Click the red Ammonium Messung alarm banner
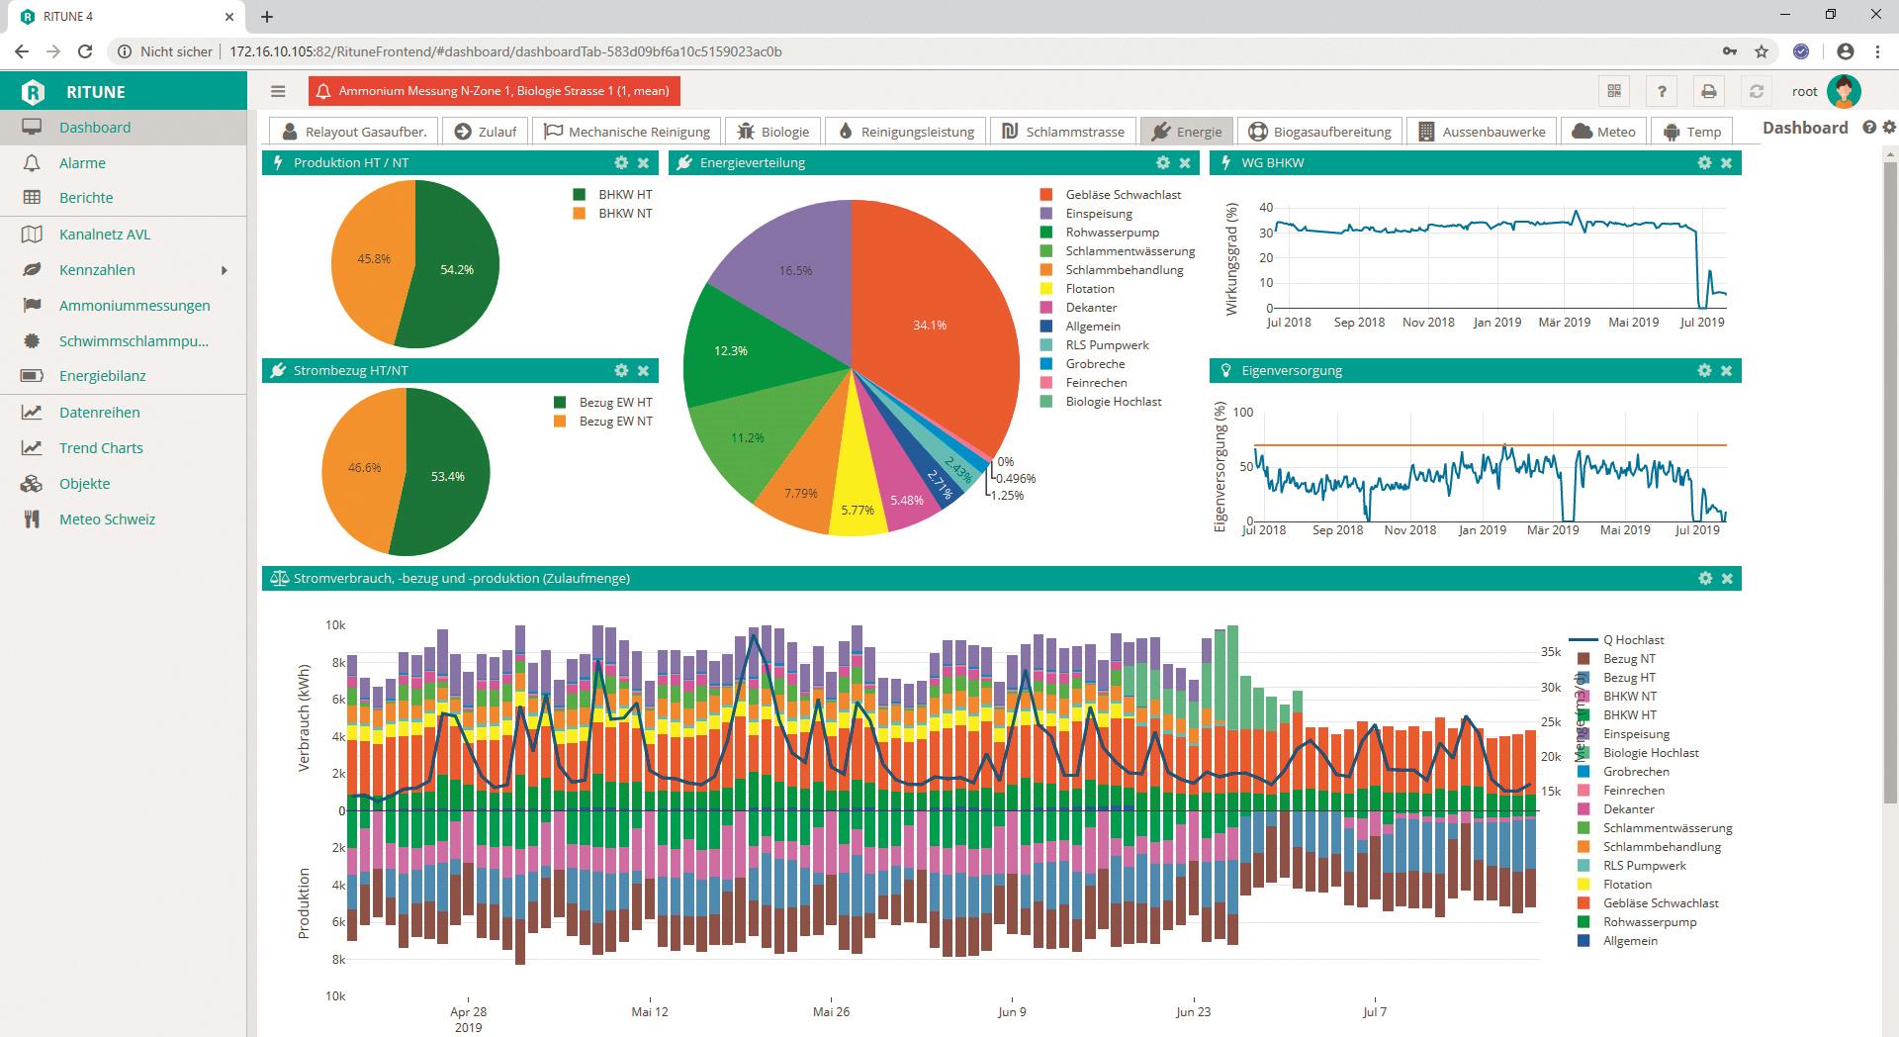tap(494, 91)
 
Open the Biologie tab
tap(773, 132)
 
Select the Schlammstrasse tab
tap(1063, 132)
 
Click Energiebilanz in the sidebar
tap(102, 376)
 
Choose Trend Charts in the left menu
tap(100, 448)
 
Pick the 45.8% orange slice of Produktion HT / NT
tap(373, 259)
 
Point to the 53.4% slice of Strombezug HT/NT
tap(448, 476)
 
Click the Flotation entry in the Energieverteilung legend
tap(1089, 289)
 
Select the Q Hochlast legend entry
tap(1633, 640)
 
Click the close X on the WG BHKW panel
tap(1726, 162)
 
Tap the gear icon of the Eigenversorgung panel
tap(1703, 370)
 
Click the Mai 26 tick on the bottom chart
tap(831, 1011)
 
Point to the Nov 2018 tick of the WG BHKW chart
tap(1428, 323)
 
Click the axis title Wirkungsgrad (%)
tap(1232, 259)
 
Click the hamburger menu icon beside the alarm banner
tap(278, 91)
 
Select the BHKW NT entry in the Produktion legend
tap(624, 214)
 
